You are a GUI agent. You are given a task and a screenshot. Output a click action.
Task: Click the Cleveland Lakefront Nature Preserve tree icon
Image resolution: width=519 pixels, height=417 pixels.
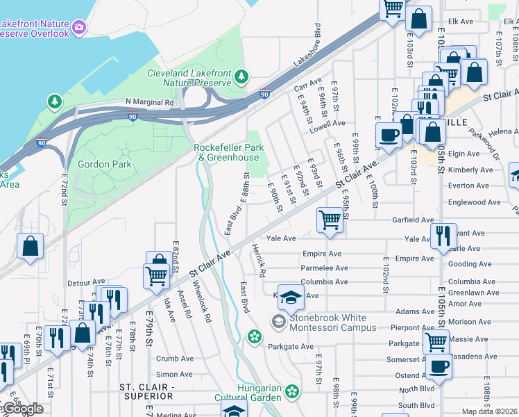(x=241, y=76)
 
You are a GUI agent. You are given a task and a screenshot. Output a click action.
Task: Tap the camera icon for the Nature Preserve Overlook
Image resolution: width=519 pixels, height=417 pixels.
(x=79, y=28)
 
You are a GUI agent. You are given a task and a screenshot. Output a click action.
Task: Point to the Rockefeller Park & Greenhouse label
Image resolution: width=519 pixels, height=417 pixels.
(x=227, y=152)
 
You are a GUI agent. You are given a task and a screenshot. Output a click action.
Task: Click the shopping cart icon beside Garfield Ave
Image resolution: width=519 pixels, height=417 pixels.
(x=330, y=220)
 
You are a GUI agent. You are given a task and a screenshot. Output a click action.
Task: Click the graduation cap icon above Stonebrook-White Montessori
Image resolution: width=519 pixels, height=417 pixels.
(x=291, y=297)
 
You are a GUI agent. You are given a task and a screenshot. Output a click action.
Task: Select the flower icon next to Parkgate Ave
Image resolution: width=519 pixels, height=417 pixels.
(x=255, y=337)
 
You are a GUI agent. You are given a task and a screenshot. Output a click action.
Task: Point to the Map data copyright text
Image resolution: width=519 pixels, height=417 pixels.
(x=489, y=411)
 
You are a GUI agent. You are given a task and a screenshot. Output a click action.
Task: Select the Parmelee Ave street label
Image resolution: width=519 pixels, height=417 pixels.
(x=325, y=268)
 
